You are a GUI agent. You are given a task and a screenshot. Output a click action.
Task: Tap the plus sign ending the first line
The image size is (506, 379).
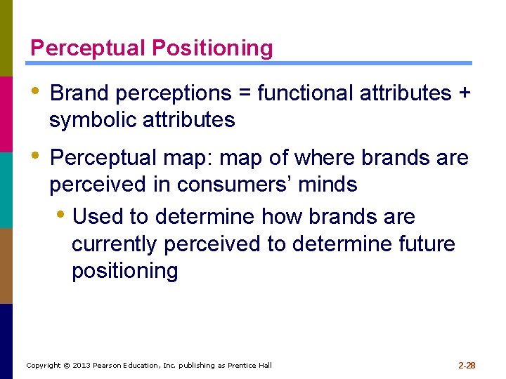tap(464, 93)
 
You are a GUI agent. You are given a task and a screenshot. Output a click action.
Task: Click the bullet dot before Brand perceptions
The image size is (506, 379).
tap(35, 91)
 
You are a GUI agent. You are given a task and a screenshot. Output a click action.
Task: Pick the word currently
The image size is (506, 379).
tap(116, 244)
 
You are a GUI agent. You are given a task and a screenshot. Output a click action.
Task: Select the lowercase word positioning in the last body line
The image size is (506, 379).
tap(125, 271)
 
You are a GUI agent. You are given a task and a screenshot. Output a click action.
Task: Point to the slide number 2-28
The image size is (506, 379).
tap(467, 365)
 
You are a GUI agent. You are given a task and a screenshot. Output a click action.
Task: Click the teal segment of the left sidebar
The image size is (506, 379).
tap(6, 189)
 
